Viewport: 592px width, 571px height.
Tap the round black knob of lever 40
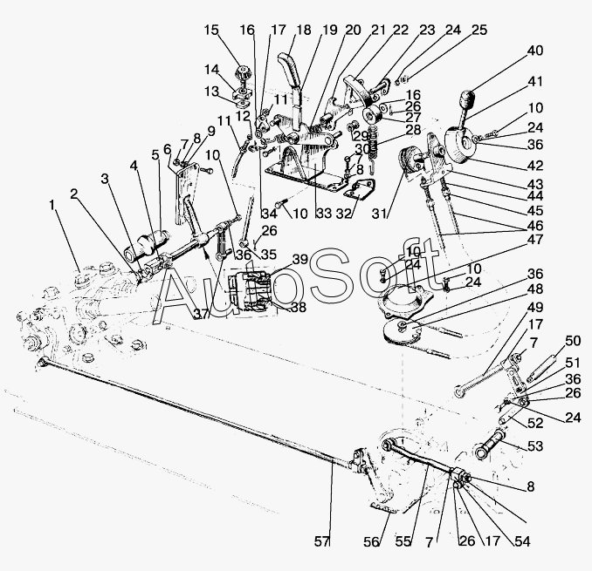(x=467, y=99)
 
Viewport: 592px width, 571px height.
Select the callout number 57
(x=322, y=541)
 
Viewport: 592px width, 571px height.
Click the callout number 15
(x=211, y=30)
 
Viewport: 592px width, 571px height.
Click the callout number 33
(x=324, y=214)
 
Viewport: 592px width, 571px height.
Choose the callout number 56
(x=371, y=541)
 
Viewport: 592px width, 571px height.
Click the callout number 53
(x=534, y=445)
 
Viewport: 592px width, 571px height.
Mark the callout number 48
(x=534, y=289)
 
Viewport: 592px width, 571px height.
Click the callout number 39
(x=301, y=260)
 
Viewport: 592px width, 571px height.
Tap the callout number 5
(x=155, y=154)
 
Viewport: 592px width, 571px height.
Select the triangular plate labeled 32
(x=361, y=189)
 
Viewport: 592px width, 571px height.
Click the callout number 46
(x=534, y=226)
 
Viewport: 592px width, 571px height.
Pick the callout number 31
(x=379, y=214)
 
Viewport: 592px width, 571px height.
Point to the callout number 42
(x=534, y=166)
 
